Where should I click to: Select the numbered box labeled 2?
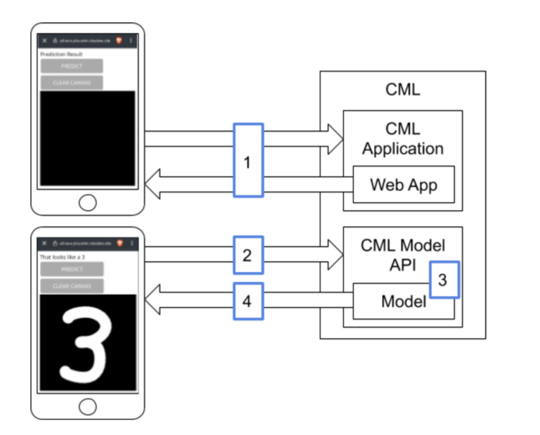click(x=247, y=254)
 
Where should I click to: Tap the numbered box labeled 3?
click(x=443, y=279)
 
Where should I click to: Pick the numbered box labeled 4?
click(x=247, y=301)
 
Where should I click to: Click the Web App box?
click(x=404, y=184)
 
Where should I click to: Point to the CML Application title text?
click(x=403, y=138)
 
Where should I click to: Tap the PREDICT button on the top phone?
click(x=72, y=66)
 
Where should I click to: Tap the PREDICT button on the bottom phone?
click(x=72, y=269)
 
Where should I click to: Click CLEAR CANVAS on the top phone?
click(x=72, y=82)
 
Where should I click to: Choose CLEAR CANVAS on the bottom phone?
click(x=72, y=285)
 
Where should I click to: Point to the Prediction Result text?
click(x=62, y=54)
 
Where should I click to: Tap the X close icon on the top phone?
click(x=44, y=41)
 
